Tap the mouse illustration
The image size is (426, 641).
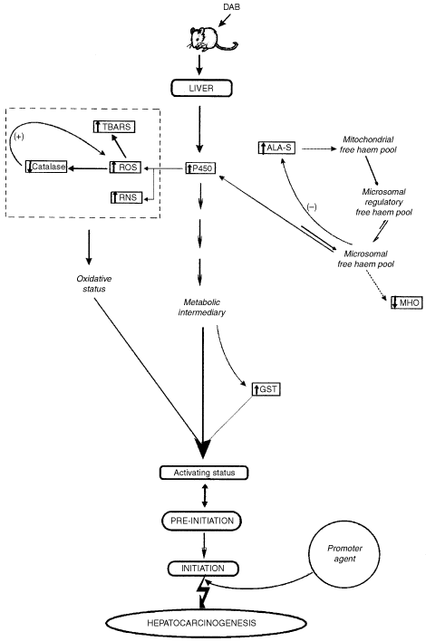tap(210, 40)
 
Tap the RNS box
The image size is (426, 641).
tap(123, 196)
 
